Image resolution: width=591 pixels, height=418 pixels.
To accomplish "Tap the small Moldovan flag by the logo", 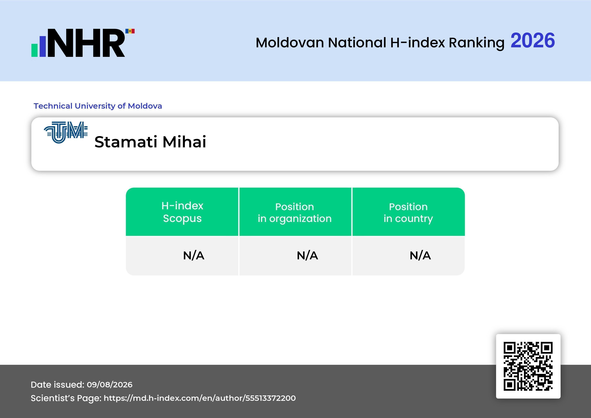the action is click(130, 31).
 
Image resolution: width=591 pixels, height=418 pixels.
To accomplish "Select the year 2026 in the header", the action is click(533, 40).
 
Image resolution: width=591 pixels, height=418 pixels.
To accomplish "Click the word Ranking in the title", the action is click(476, 43).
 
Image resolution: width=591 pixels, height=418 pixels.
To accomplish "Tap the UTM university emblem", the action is click(66, 132).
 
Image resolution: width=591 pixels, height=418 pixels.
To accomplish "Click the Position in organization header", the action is click(295, 213).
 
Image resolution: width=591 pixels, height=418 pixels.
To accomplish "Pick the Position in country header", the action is click(408, 213).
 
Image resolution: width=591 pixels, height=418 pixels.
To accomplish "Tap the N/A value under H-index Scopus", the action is click(194, 256).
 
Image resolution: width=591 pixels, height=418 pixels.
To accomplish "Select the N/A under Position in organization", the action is click(307, 256).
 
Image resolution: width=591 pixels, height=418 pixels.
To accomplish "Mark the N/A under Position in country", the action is click(420, 256).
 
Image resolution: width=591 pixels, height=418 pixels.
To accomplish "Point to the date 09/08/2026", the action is click(110, 384).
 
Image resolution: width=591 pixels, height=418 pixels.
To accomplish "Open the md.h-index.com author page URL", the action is click(200, 398).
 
